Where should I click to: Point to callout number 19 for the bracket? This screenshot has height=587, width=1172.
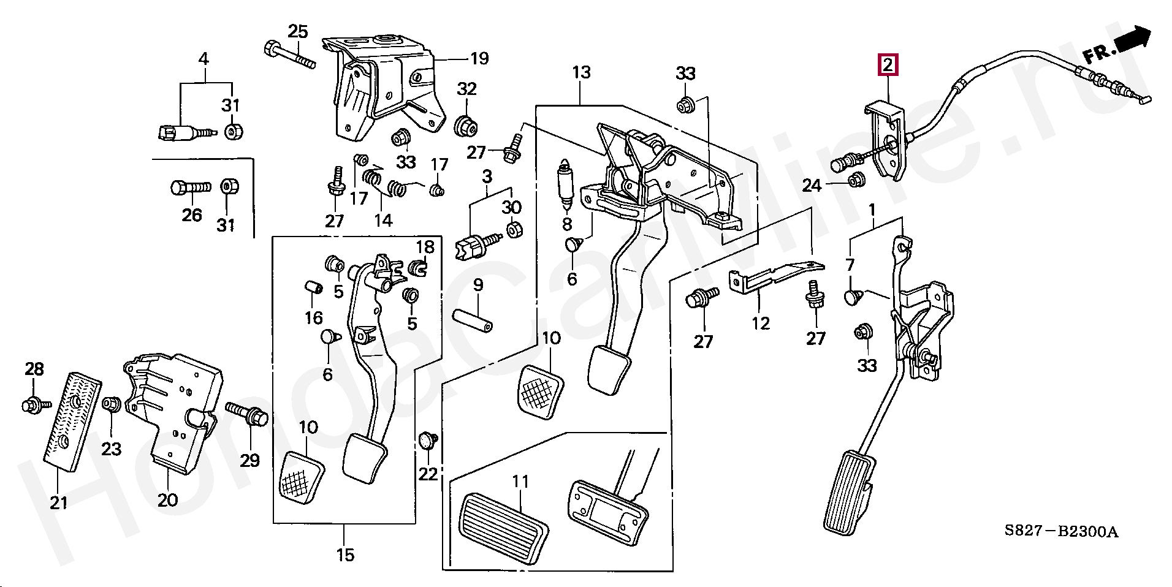coord(479,59)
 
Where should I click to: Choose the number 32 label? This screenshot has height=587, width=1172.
coord(466,89)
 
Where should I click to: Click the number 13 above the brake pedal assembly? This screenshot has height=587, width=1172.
coord(581,73)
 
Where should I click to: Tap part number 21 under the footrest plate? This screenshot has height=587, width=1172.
coord(58,503)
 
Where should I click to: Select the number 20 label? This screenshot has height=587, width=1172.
coord(167,500)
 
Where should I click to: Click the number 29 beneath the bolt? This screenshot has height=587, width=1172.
coord(250,460)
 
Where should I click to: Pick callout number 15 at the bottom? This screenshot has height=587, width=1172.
coord(345,555)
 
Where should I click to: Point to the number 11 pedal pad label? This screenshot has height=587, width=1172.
coord(520,482)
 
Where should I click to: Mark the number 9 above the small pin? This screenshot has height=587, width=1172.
coord(478,285)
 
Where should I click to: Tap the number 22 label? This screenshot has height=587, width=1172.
coord(428,474)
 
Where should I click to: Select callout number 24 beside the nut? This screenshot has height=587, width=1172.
coord(812,185)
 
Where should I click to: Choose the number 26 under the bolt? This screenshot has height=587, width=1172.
coord(192,215)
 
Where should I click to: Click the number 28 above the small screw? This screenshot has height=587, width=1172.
coord(34,369)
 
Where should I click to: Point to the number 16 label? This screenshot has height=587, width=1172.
coord(314,317)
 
